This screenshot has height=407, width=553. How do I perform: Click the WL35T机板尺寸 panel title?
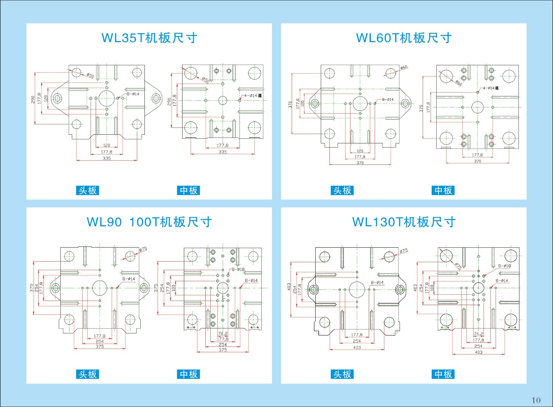tap(149, 38)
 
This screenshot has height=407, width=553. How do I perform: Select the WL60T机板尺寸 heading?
tap(404, 38)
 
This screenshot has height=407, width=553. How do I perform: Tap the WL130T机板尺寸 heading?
tap(404, 222)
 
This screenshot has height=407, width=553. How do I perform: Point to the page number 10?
tap(536, 400)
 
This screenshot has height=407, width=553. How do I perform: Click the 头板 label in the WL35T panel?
tap(87, 190)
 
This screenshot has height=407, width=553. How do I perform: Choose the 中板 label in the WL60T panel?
tap(443, 190)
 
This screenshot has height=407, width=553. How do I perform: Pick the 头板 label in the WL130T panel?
tap(342, 374)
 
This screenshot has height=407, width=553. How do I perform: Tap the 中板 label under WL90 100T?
tap(189, 374)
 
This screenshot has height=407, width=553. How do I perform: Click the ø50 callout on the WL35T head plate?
tap(90, 75)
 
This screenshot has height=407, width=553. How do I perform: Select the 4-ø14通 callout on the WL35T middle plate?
tap(253, 95)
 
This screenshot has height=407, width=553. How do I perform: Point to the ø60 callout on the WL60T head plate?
tap(404, 67)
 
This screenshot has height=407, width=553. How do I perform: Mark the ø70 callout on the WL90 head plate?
tap(143, 249)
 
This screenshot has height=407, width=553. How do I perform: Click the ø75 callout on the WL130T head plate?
tap(403, 251)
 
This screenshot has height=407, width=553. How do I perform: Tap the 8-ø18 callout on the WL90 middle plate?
tap(238, 269)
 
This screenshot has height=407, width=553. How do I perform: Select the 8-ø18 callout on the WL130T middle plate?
tap(504, 266)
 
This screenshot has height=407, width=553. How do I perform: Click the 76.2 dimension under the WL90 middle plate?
tap(223, 334)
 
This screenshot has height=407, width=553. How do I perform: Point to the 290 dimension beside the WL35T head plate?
tap(33, 100)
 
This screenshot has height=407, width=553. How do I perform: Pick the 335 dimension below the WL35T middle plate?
tap(223, 152)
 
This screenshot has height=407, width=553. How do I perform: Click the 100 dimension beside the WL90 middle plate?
tap(174, 287)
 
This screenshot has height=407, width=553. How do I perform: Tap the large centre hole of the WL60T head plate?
tap(360, 103)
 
